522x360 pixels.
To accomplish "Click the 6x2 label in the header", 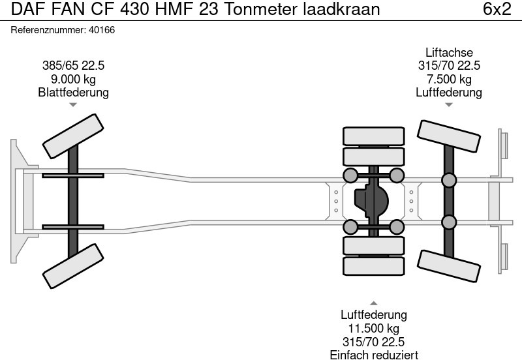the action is tap(497, 9).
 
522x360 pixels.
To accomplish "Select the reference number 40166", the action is tap(102, 30).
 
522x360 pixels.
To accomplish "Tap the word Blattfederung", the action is tap(73, 92).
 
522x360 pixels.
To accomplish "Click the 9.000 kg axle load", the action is tap(73, 79).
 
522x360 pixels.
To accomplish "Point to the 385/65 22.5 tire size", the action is tap(73, 66).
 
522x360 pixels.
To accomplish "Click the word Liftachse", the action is tap(449, 53).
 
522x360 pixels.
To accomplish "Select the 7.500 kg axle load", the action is tap(449, 79).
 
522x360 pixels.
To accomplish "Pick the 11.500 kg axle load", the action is tap(373, 329).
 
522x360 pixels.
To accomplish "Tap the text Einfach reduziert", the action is tap(374, 355).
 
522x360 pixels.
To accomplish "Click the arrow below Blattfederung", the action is tap(73, 105).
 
